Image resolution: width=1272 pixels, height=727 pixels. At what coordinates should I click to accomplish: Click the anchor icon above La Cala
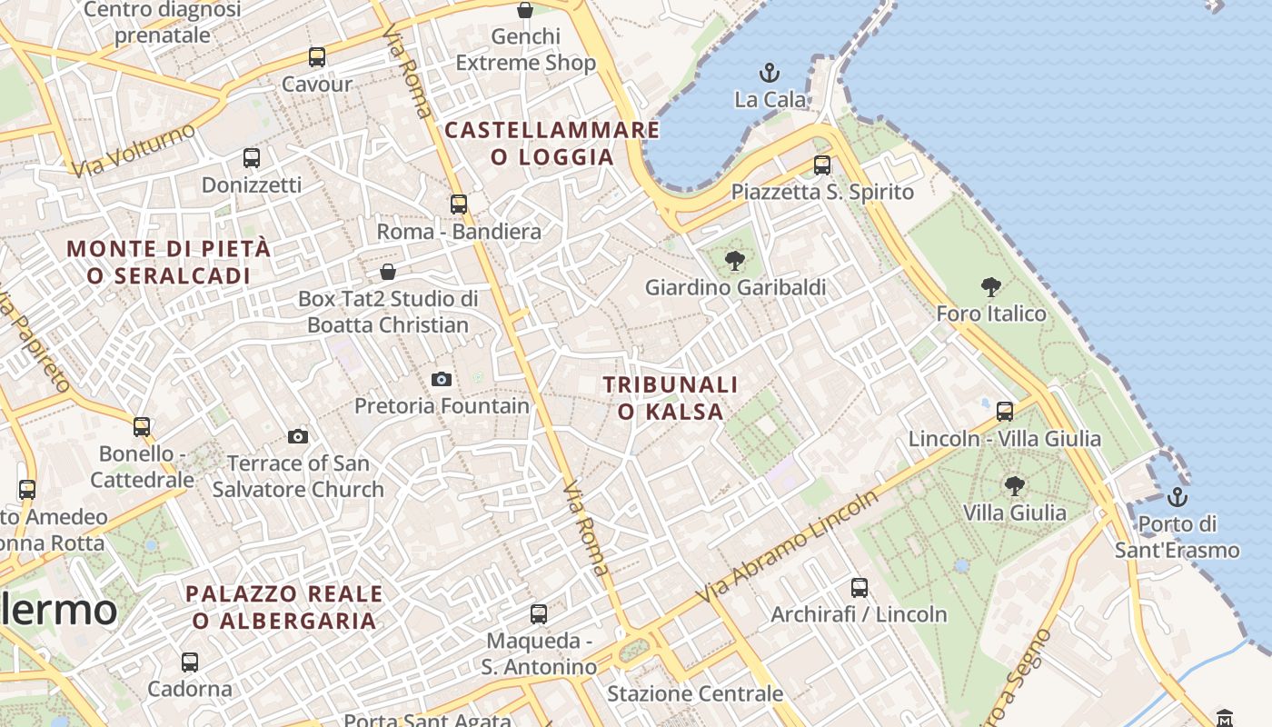770,72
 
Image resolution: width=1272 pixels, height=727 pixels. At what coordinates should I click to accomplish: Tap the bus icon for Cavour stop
316,57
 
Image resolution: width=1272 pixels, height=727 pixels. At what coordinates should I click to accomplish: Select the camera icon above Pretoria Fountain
442,379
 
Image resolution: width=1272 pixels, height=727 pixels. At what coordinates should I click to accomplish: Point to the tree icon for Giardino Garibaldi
735,262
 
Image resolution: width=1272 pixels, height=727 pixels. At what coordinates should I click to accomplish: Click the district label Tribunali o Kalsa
671,398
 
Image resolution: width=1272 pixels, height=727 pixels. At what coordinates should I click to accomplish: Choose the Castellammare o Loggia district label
552,144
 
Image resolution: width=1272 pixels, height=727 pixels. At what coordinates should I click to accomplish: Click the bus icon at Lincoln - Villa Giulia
1005,412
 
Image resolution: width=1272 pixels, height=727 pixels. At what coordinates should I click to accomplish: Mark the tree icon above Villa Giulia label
1015,486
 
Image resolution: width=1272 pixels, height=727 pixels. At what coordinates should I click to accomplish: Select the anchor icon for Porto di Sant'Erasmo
1178,497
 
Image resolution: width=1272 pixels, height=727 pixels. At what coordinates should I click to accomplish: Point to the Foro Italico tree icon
991,287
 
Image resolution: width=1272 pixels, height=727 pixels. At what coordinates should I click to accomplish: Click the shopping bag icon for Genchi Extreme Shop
525,10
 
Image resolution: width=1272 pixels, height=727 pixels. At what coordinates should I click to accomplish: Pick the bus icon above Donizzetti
252,158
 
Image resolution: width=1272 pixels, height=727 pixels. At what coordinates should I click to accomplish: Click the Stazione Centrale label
695,694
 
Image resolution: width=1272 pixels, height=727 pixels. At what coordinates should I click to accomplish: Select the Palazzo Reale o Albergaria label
284,607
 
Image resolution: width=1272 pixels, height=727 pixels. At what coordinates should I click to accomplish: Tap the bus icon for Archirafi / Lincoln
860,588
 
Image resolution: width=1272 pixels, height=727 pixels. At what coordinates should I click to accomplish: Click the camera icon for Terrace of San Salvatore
298,437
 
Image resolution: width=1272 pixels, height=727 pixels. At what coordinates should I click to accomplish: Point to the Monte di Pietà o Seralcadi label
169,262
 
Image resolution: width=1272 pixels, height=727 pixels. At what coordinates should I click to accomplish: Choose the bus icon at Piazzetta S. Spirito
822,165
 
